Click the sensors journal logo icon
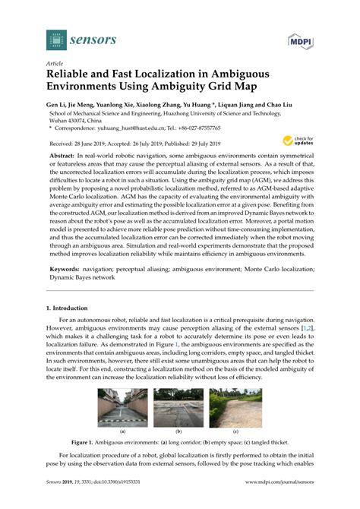pyautogui.click(x=55, y=40)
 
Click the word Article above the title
pyautogui.click(x=55, y=64)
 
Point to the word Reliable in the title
pyautogui.click(x=72, y=76)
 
